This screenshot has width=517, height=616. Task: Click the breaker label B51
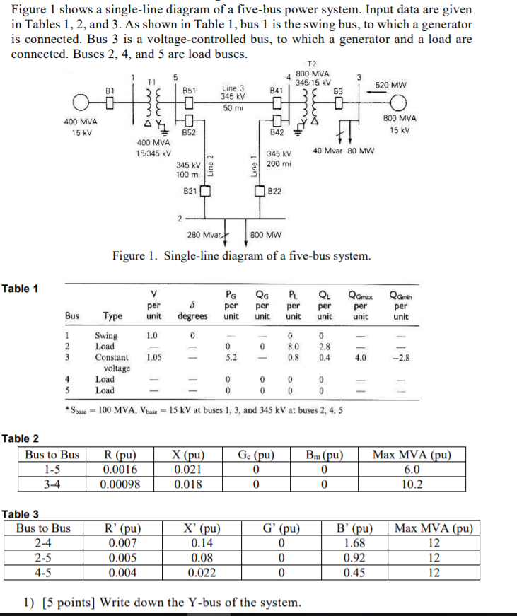(189, 91)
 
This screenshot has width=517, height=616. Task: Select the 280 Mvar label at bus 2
(202, 234)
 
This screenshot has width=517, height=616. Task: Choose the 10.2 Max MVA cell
(412, 484)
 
